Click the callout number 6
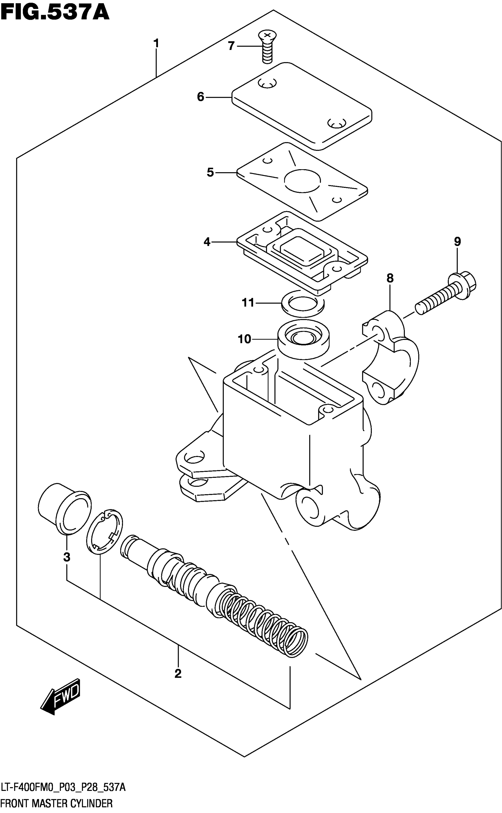coord(201,97)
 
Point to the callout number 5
coord(210,172)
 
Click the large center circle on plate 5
coord(302,181)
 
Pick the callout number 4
coord(207,242)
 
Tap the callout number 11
coord(248,302)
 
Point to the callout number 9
coord(457,241)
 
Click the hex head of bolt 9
coord(463,285)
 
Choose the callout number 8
coord(390,278)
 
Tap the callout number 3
coord(67,557)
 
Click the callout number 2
coord(178,674)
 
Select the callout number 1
coord(156,43)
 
